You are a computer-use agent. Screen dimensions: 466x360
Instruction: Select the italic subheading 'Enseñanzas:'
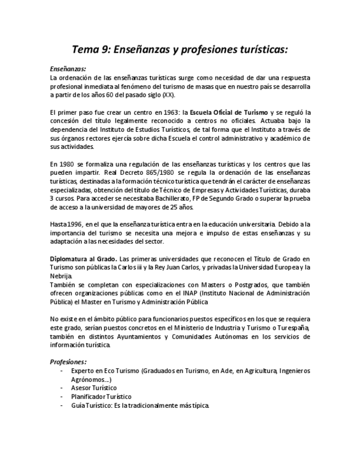(x=68, y=70)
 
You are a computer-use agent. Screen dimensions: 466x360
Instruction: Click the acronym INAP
(x=187, y=293)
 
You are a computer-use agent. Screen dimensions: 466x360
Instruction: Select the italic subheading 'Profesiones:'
(x=68, y=362)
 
